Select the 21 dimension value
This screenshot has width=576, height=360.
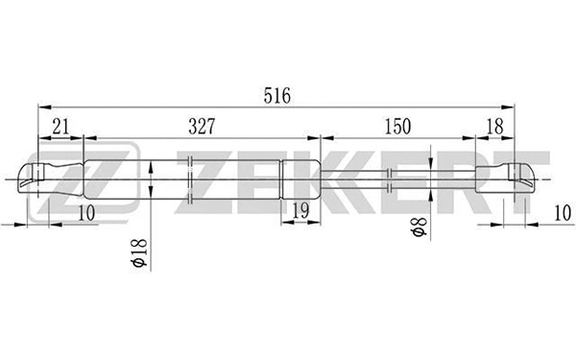(60, 126)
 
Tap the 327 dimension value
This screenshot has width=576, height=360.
(201, 126)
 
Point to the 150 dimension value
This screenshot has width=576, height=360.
(396, 126)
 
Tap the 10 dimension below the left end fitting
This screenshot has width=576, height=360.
(86, 213)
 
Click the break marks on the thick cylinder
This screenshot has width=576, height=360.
(192, 179)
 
